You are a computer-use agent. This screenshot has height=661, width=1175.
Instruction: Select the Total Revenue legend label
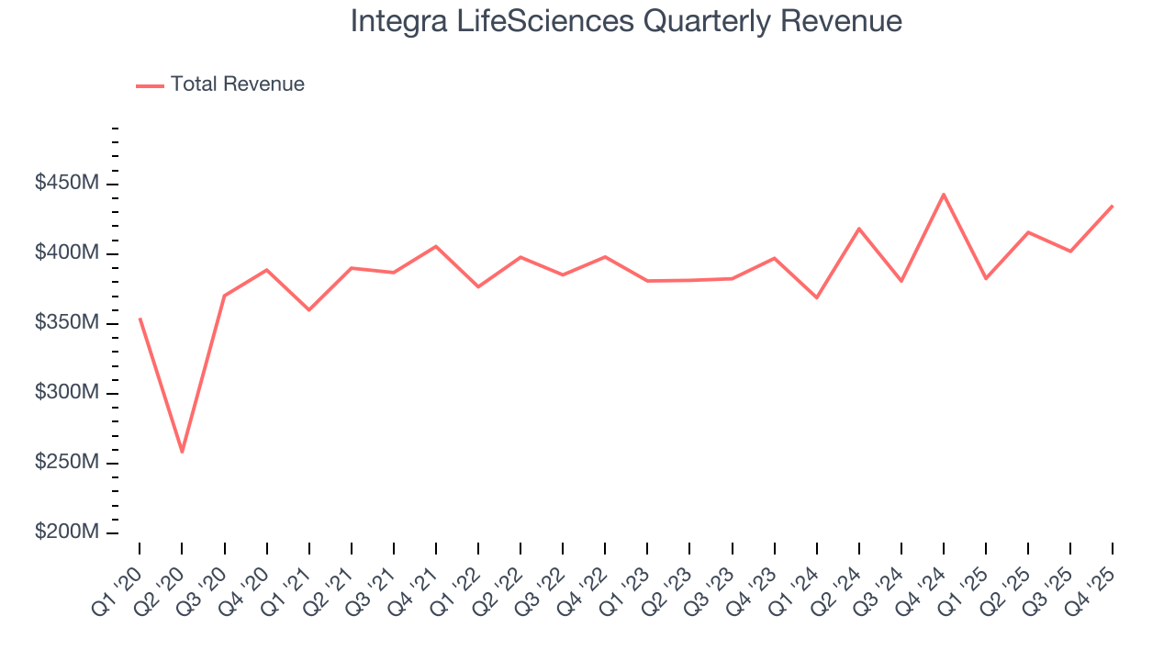click(x=237, y=84)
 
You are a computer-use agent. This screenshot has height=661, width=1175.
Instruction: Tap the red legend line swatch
click(x=150, y=85)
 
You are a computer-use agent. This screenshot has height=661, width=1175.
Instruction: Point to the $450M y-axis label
click(x=66, y=184)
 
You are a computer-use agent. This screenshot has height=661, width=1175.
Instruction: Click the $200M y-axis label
click(x=66, y=532)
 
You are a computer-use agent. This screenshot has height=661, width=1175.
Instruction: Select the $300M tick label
click(x=66, y=393)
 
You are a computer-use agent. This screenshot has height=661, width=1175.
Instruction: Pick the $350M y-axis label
click(x=66, y=323)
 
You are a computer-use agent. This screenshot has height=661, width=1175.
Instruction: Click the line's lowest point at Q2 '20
click(x=182, y=452)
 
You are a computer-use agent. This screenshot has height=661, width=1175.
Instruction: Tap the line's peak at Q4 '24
click(x=944, y=194)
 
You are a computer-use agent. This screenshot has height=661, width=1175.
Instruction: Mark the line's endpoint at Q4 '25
click(x=1113, y=206)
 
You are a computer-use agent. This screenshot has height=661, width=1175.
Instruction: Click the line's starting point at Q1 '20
click(x=140, y=319)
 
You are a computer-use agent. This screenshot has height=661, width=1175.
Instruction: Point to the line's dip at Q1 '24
click(x=816, y=297)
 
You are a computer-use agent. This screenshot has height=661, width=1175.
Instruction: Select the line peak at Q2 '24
click(x=859, y=229)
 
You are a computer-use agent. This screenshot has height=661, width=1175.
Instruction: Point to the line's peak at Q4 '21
click(x=436, y=246)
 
